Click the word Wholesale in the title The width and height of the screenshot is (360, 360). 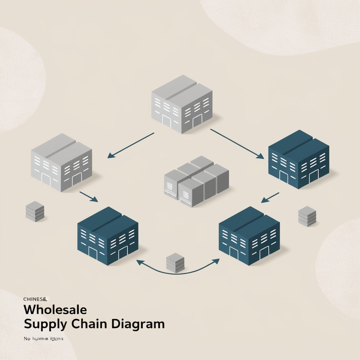(55, 310)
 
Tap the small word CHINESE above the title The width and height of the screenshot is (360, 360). (35, 299)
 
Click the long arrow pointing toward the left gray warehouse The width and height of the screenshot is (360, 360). (131, 145)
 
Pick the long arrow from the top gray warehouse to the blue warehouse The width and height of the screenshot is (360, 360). (237, 144)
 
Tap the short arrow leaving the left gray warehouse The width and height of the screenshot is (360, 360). (89, 197)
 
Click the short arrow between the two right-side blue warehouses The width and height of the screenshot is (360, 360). (270, 198)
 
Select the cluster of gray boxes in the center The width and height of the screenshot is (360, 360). (196, 181)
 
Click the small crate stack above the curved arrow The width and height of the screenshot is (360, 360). (175, 263)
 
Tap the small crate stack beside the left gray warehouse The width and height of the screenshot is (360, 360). (35, 211)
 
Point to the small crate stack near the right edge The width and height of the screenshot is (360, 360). (307, 216)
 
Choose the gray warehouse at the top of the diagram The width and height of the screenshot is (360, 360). (182, 104)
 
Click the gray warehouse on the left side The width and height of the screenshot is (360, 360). (62, 162)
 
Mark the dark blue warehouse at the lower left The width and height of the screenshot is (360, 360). (108, 236)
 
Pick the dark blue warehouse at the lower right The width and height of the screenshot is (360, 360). (249, 236)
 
